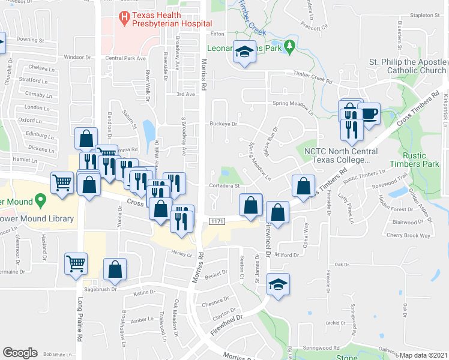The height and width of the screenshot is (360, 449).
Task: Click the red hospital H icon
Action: (x=124, y=18)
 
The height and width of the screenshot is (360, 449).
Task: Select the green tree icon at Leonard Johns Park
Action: (x=290, y=46)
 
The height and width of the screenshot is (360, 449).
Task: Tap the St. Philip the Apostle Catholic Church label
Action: (x=408, y=66)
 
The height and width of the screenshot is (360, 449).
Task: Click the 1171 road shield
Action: (x=217, y=222)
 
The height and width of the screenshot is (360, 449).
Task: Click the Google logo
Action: (x=20, y=353)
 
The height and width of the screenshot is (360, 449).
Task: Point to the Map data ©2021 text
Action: (x=423, y=355)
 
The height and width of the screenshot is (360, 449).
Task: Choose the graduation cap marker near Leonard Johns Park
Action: (x=244, y=52)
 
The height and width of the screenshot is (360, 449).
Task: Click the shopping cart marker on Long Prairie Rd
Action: (x=76, y=263)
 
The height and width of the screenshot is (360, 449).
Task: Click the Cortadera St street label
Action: (x=224, y=185)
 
